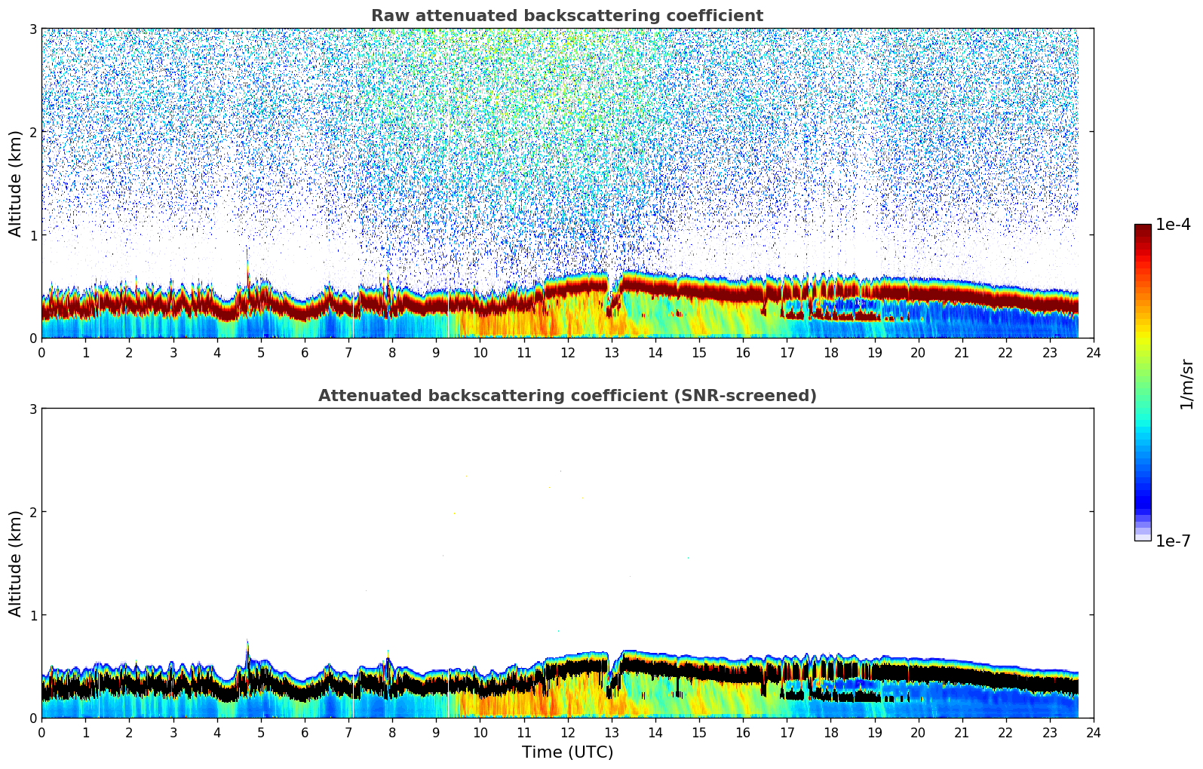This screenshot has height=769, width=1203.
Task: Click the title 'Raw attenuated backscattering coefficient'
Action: [x=566, y=16]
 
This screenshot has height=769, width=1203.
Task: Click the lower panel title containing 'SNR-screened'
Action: [x=566, y=396]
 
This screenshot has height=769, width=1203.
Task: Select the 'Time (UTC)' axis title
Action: [x=567, y=752]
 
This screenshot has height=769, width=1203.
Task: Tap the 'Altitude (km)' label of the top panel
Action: [x=15, y=183]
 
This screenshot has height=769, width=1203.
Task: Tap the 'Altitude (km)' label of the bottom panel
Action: [x=15, y=563]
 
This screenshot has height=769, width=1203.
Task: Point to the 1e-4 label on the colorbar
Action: [x=1173, y=225]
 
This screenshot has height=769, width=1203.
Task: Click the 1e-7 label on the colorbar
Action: [x=1173, y=541]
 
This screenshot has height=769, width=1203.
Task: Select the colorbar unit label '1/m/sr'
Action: [x=1186, y=384]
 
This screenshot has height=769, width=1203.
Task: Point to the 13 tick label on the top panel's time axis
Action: [x=612, y=352]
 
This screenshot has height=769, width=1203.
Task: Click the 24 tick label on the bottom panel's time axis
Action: [x=1094, y=732]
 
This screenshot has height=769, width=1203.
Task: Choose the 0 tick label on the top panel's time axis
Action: [x=41, y=352]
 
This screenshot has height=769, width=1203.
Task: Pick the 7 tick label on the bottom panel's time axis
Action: [x=348, y=732]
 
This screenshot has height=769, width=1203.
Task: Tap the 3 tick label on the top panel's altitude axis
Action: [x=32, y=29]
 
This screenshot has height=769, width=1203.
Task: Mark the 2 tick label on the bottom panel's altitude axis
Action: [x=32, y=512]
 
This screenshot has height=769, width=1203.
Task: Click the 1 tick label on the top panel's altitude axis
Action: [x=32, y=235]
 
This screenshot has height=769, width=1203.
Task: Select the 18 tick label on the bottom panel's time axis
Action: [x=830, y=732]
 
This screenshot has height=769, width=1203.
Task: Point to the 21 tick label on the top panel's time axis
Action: [x=962, y=352]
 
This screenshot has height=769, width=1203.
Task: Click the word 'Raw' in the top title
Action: [x=388, y=16]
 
